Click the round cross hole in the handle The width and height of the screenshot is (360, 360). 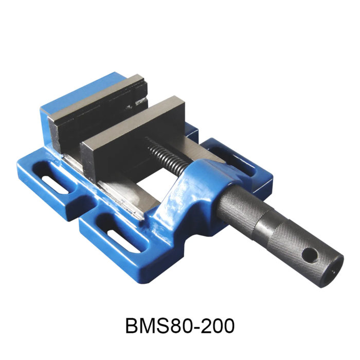(x=309, y=254)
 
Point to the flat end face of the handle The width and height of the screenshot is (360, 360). (x=335, y=267)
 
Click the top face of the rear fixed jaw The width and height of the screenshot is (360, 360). (x=95, y=97)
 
